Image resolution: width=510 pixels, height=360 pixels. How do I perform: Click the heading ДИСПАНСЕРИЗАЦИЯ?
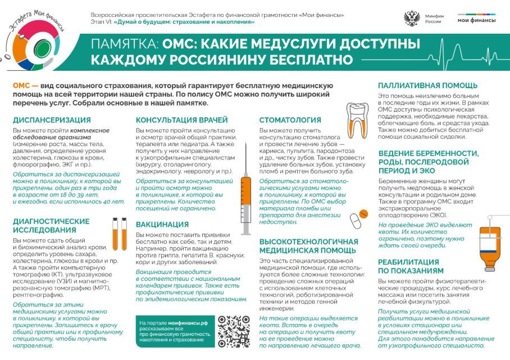(52, 120)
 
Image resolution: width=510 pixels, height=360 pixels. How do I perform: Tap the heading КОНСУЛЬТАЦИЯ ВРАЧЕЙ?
(182, 120)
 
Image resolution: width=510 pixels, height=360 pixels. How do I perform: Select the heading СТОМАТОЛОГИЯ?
(290, 120)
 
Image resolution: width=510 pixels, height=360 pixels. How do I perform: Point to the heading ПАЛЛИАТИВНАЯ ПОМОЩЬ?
(427, 85)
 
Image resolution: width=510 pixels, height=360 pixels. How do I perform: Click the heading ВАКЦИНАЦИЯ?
(162, 224)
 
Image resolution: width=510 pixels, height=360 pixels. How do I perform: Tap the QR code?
(234, 330)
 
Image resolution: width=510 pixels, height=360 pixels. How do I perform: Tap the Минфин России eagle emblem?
(412, 19)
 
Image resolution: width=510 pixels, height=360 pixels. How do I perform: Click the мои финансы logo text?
(476, 20)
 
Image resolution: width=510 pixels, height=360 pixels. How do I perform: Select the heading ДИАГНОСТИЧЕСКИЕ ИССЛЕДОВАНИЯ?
(51, 225)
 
